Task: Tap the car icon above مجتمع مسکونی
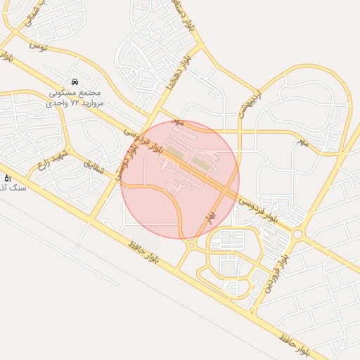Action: [75, 82]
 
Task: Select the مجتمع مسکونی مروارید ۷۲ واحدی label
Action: [75, 98]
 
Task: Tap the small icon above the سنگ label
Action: [8, 178]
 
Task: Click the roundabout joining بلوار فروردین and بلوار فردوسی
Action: [297, 234]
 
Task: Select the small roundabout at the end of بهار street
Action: [191, 245]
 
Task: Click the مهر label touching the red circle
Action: [179, 122]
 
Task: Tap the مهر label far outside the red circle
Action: [303, 143]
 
